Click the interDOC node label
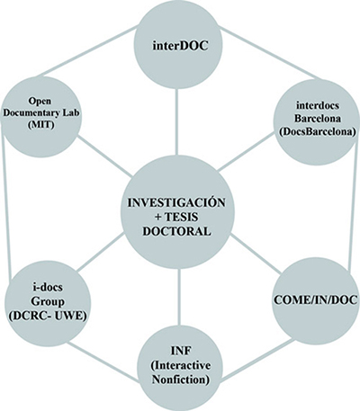coord(180,47)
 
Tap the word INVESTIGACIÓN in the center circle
coord(176,202)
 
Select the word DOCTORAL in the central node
coord(176,231)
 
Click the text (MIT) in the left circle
coord(41,126)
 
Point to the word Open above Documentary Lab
coord(40,102)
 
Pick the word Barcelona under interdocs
coord(318,119)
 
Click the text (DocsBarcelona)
coord(318,131)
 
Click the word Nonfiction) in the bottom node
coord(181,380)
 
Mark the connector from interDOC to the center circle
coord(177,121)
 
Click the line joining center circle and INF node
coord(180,298)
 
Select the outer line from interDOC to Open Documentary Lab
coord(90,50)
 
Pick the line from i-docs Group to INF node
coord(106,362)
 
